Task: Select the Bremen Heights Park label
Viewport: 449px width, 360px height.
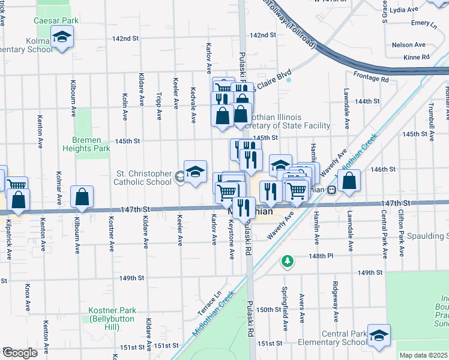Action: coord(87,144)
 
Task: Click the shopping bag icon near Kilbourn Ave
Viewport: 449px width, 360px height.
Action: coord(82,197)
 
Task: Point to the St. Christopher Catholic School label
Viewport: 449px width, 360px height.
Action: coord(143,178)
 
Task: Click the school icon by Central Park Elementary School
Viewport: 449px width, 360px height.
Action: coord(379,337)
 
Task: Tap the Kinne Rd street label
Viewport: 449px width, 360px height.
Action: coord(417,57)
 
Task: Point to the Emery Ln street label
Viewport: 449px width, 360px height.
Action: coord(424,23)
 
